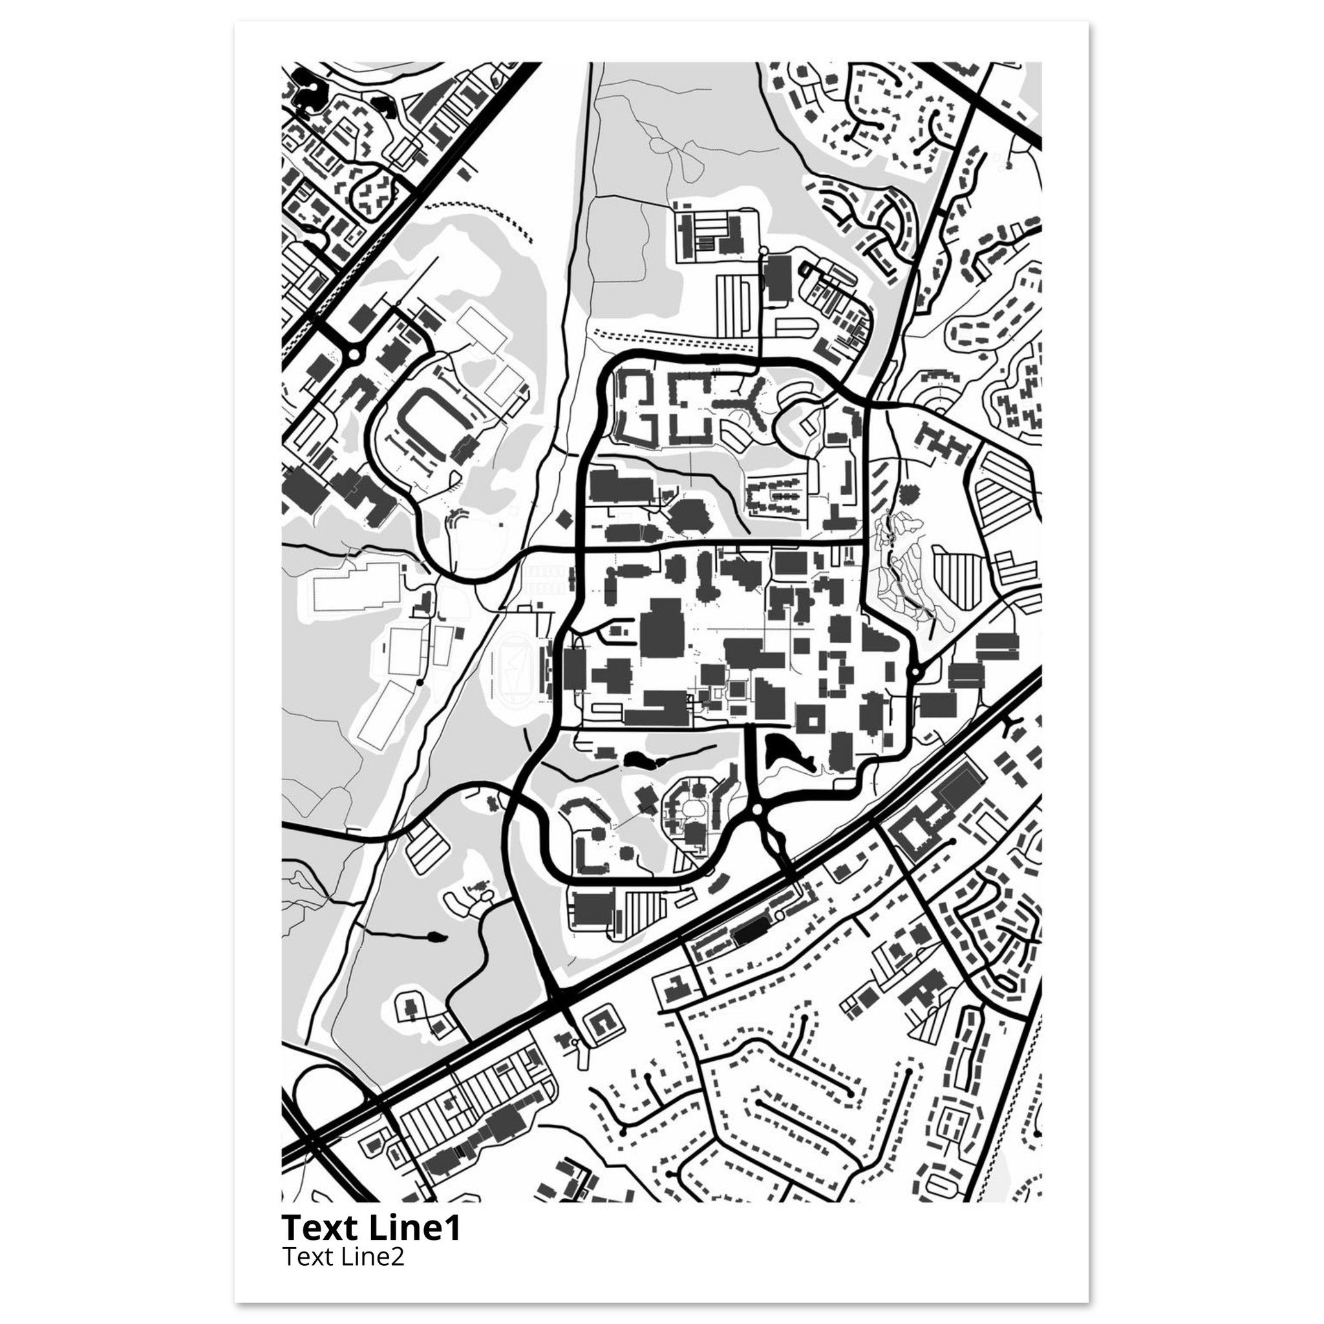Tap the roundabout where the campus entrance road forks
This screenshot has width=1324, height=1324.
point(756,810)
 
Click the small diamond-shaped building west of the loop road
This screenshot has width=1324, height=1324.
point(563,518)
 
